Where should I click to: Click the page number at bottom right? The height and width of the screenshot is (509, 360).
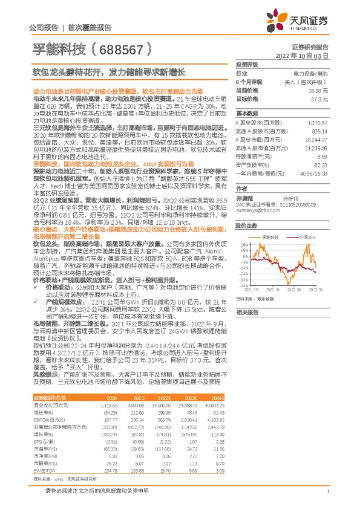click(x=327, y=491)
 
